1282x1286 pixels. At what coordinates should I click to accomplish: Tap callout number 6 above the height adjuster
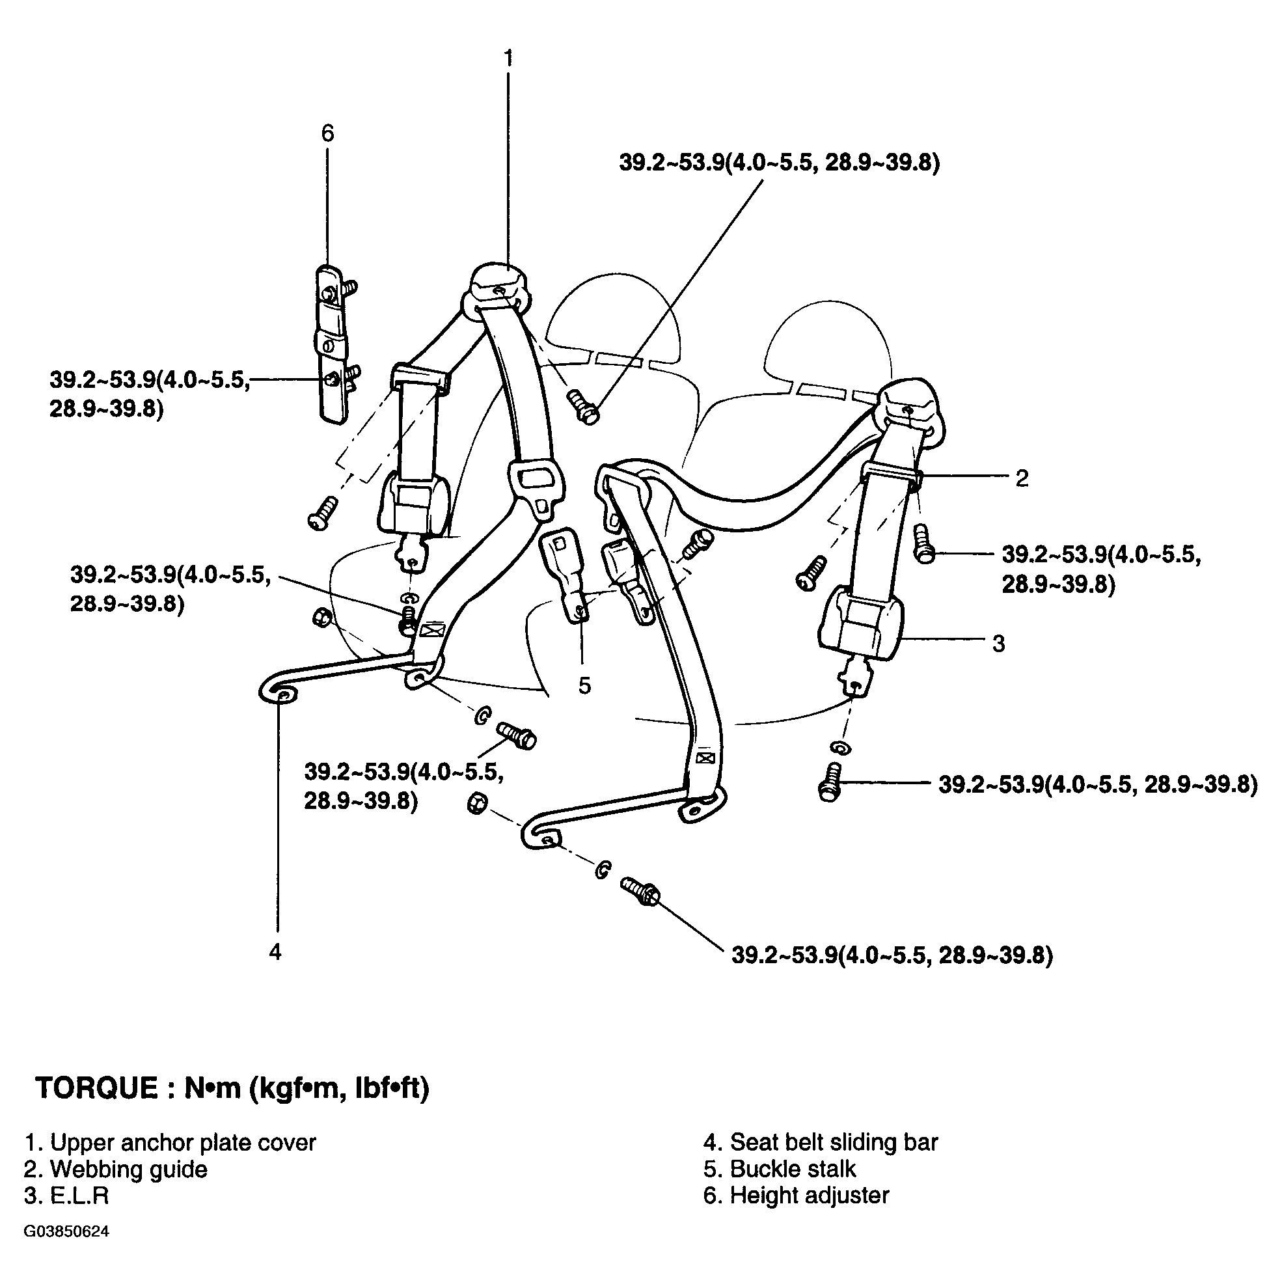point(327,133)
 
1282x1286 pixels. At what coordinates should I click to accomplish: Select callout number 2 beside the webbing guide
point(1022,478)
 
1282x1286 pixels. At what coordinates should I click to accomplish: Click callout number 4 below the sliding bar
point(275,952)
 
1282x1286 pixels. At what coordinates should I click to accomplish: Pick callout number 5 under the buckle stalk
point(584,685)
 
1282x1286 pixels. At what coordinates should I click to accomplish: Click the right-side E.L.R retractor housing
point(859,622)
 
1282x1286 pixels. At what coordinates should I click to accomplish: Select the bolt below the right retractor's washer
point(828,782)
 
